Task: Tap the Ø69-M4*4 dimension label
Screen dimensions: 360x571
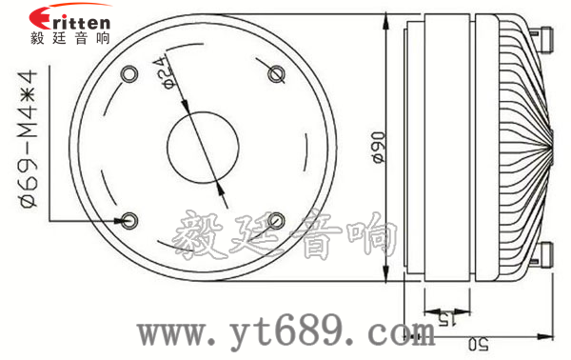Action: [28, 142]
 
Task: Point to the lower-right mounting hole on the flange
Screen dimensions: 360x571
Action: [277, 220]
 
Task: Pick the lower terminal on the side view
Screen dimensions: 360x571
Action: [549, 255]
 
